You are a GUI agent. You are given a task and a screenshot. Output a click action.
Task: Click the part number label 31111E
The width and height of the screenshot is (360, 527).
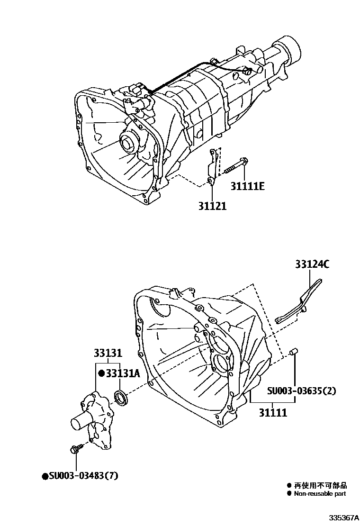point(247,186)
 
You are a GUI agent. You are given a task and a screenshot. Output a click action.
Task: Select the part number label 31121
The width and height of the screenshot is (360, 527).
point(212,206)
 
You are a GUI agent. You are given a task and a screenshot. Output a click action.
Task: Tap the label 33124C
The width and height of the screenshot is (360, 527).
point(313,264)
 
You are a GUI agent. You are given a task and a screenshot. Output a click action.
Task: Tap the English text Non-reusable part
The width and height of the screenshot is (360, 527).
point(320,493)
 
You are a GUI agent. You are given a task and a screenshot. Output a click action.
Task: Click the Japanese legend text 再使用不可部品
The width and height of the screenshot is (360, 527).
point(320,485)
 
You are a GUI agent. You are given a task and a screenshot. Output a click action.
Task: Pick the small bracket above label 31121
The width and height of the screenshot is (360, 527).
point(213,166)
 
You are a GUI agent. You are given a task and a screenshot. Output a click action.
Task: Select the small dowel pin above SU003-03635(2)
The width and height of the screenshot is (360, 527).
point(293,352)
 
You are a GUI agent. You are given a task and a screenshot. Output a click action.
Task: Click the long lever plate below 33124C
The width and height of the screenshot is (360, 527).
point(298,303)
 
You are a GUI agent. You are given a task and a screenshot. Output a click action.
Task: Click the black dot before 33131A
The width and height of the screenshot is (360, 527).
point(101,373)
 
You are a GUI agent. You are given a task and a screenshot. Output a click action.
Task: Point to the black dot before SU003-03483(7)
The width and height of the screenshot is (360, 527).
point(45,476)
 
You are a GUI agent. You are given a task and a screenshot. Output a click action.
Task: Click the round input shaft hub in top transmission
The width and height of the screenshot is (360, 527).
point(128,142)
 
